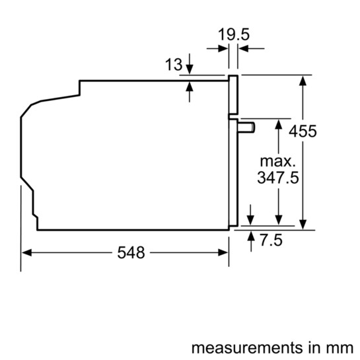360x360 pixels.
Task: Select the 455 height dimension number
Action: tap(303, 131)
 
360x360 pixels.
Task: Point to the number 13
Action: tap(173, 64)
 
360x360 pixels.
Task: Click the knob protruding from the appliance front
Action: tap(246, 127)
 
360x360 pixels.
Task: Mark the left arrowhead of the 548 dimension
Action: tap(26, 252)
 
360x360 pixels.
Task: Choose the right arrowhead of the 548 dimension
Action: tap(224, 252)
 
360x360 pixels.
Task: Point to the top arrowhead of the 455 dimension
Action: tap(303, 80)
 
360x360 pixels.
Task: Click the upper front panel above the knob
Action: tap(233, 95)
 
